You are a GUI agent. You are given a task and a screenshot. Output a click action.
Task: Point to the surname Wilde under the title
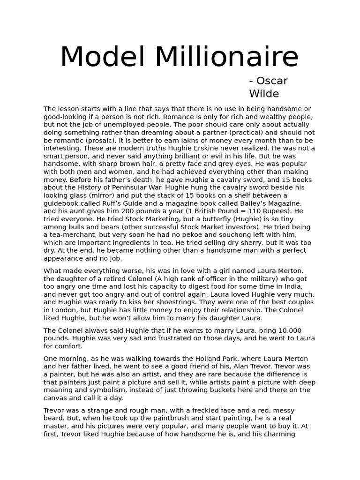click(264, 94)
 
